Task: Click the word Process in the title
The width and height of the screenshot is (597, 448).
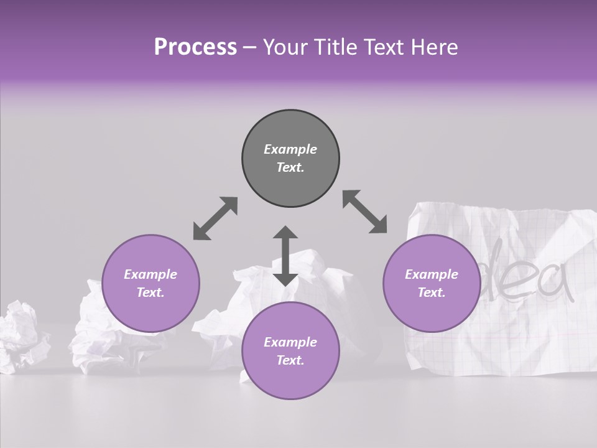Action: tap(195, 47)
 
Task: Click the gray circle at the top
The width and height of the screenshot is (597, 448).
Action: tap(290, 158)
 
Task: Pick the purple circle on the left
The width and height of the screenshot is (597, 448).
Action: tap(150, 283)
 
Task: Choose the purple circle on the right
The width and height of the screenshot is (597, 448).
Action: tap(432, 283)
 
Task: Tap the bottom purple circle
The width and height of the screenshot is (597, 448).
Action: tap(290, 351)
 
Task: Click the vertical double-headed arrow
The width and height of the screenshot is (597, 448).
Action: tap(285, 256)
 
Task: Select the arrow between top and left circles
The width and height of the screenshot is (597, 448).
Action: tap(215, 218)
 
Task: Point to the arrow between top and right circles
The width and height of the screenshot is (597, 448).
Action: tap(364, 212)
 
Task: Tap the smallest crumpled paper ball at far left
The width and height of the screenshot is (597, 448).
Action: tap(22, 336)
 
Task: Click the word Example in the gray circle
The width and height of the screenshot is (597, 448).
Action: tap(290, 149)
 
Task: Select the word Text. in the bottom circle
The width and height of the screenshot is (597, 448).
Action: tap(290, 360)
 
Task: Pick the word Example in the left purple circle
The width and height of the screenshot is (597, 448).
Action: tap(150, 274)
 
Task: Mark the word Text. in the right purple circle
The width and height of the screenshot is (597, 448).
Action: tap(432, 292)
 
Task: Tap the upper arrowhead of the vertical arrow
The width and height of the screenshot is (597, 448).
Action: tap(285, 233)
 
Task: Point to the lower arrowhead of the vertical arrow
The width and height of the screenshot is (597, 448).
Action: tap(285, 278)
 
